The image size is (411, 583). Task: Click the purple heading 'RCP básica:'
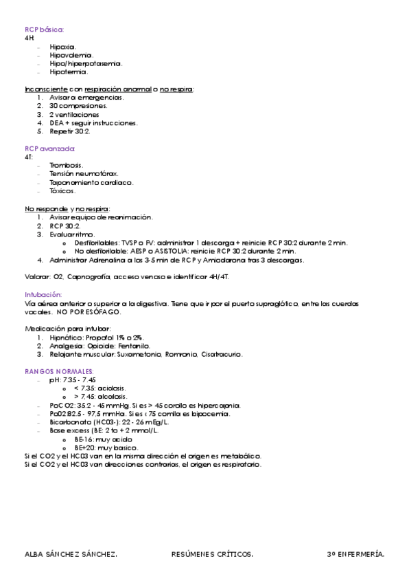coord(45,30)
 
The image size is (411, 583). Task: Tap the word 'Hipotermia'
coord(68,71)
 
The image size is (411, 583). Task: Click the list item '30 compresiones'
coord(78,106)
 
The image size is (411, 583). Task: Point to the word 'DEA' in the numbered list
coord(56,123)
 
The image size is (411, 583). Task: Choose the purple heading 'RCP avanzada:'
coord(50,148)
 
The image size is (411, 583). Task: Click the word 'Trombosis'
coord(66,165)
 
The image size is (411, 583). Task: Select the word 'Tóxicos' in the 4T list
coord(62,191)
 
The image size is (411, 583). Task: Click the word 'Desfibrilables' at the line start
coord(95,243)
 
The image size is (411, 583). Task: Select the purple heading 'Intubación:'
coord(43,294)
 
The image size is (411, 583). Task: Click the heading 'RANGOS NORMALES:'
coord(54,371)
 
